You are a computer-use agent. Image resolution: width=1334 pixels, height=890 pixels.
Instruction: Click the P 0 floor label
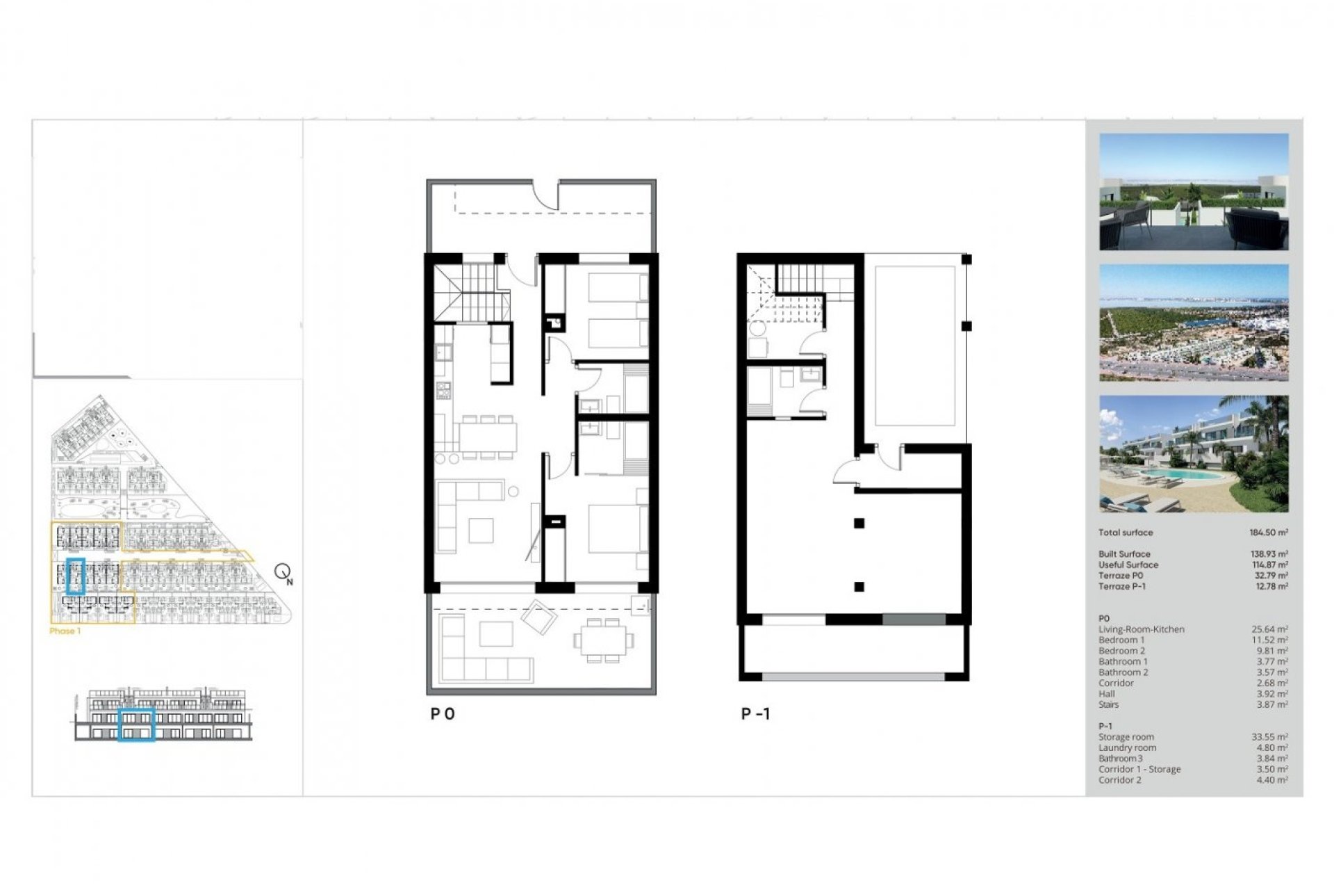tap(443, 714)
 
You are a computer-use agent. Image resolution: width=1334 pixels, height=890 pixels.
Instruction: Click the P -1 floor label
tap(755, 714)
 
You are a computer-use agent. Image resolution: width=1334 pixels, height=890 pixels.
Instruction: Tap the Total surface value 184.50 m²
tap(1269, 533)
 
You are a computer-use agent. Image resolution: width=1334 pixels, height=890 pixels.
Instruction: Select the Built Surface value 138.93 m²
tap(1269, 554)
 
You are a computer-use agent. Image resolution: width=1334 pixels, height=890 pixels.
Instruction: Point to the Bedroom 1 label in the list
tap(1121, 640)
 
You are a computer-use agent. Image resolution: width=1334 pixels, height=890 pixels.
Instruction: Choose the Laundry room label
tap(1127, 748)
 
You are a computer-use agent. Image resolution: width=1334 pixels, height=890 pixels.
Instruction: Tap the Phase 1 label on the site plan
tap(65, 631)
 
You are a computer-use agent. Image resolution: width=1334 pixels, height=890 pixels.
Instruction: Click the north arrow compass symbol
tap(283, 573)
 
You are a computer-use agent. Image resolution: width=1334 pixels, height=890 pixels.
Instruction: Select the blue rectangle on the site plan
tap(75, 576)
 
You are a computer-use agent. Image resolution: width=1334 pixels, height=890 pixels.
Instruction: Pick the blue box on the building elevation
tap(136, 725)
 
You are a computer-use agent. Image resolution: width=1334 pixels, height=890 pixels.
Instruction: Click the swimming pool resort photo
tap(1194, 454)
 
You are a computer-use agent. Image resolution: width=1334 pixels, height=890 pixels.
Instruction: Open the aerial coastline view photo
tap(1194, 323)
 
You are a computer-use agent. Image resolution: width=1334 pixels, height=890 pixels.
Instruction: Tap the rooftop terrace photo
tap(1194, 192)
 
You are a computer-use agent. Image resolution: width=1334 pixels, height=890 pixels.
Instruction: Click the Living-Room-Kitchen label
tap(1141, 629)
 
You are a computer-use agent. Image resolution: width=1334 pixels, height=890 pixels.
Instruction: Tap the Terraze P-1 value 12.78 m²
tap(1270, 586)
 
